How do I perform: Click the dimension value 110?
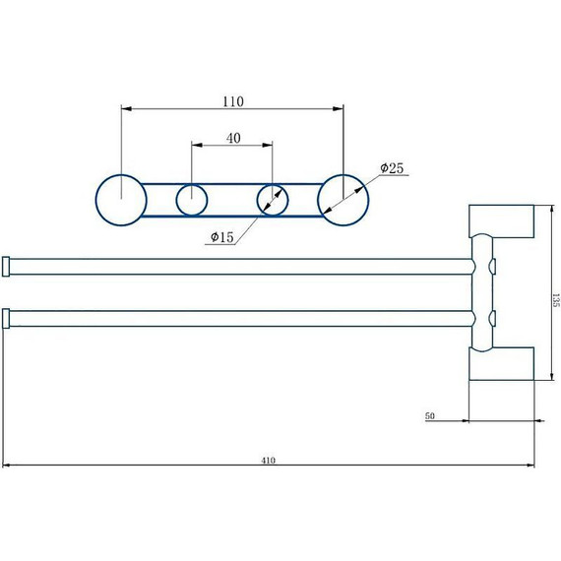point(233,101)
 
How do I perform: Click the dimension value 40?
point(233,139)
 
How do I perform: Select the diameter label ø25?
point(392,169)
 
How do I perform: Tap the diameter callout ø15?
point(221,237)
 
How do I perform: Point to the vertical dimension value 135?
point(555,299)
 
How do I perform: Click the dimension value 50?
point(430,416)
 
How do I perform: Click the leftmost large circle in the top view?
point(121,200)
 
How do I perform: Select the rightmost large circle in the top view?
point(343,200)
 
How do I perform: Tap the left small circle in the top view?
point(192,200)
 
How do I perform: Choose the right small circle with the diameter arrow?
point(273,200)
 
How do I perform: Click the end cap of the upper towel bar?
point(7,267)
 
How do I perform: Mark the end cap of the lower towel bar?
point(7,318)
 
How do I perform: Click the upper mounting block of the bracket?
point(501,221)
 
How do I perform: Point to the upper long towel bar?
point(236,267)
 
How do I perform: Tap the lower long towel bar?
point(236,318)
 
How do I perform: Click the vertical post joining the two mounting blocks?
point(481,292)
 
